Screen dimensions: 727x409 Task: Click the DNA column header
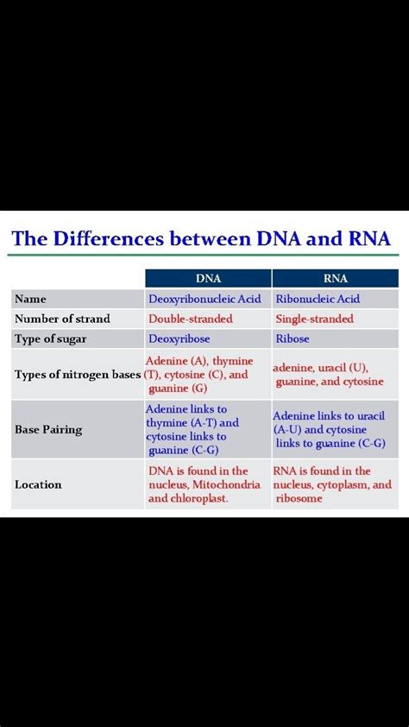[x=208, y=278]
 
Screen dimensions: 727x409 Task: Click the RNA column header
[x=335, y=278]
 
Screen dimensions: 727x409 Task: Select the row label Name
[x=30, y=299]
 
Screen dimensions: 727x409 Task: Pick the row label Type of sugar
[x=50, y=339]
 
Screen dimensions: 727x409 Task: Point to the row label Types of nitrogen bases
[x=78, y=375]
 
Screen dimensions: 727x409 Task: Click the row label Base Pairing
[x=48, y=429]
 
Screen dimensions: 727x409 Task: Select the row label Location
[x=38, y=484]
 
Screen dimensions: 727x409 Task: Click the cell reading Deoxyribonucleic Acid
[x=204, y=299]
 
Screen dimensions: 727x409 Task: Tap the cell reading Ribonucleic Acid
[x=317, y=299]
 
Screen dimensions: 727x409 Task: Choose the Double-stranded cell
[x=190, y=319]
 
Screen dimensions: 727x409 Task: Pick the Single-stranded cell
[x=314, y=319]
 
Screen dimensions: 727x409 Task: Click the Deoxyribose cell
[x=179, y=339]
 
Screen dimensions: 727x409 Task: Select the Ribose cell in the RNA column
[x=293, y=339]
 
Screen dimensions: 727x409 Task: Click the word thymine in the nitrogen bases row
[x=232, y=361]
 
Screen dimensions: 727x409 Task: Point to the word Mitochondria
[x=226, y=484]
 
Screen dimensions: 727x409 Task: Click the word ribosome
[x=298, y=498]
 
